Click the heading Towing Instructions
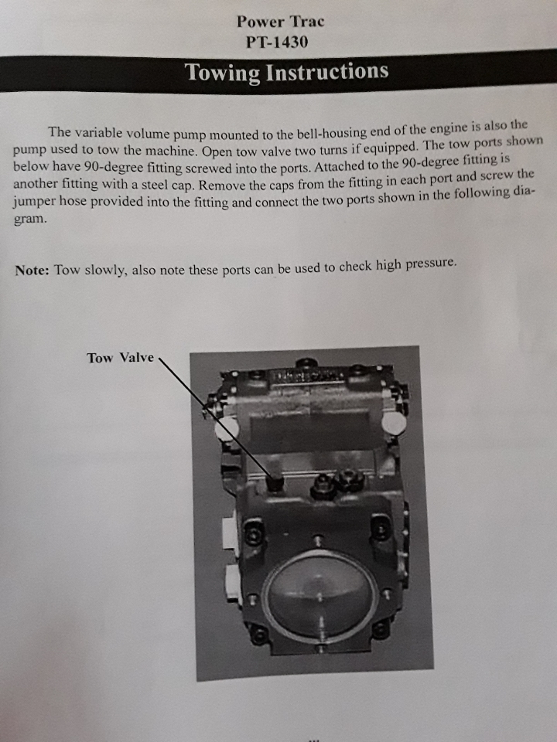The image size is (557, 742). [x=286, y=72]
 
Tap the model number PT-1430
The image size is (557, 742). [x=277, y=42]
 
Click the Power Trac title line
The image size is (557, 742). [x=280, y=22]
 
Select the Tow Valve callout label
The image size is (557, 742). [x=121, y=358]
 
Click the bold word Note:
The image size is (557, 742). [x=32, y=271]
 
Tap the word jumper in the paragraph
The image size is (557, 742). [x=34, y=203]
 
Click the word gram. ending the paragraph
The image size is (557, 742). [x=30, y=220]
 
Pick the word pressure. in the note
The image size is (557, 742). [x=431, y=264]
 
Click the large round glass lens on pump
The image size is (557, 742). [x=320, y=595]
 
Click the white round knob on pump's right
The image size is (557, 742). [x=394, y=423]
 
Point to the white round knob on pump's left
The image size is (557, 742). [x=227, y=429]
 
